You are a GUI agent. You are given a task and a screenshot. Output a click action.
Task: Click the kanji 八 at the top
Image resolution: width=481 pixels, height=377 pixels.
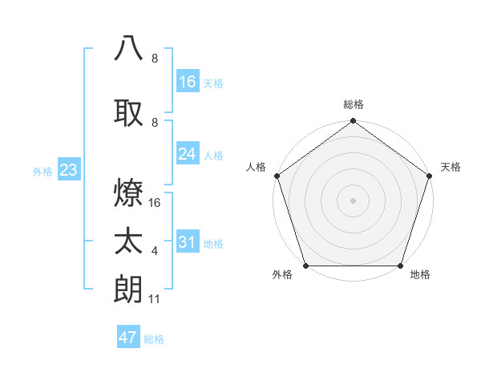tap(129, 47)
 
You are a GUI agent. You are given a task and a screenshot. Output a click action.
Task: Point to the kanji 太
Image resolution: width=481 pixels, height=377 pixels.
tap(129, 241)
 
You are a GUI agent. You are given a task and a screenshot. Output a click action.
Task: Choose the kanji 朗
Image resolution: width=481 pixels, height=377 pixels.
tap(129, 290)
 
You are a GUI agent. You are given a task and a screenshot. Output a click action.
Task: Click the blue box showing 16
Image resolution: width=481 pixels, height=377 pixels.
tap(188, 82)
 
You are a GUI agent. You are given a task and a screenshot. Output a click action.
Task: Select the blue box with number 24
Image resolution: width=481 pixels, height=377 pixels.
tap(188, 154)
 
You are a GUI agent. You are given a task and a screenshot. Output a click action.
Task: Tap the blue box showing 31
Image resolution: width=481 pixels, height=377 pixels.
tap(188, 242)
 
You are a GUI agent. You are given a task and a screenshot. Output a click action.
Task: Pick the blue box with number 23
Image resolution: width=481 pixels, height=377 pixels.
tap(68, 170)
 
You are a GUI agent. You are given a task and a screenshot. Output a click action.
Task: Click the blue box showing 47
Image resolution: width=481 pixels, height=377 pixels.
tap(128, 338)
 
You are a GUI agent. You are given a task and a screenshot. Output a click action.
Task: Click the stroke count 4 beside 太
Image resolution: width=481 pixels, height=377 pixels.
tap(155, 251)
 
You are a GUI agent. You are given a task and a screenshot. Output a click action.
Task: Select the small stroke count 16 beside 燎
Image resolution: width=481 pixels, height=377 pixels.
tap(156, 203)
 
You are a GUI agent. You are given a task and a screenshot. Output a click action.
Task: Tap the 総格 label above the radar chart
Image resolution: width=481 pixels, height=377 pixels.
tap(353, 104)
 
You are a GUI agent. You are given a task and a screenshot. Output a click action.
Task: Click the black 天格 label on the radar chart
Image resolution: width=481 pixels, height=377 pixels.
tap(451, 167)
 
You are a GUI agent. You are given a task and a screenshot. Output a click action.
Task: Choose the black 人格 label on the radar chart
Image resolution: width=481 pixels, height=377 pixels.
tap(256, 167)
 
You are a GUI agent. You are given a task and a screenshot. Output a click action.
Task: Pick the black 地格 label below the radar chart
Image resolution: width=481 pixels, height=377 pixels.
tap(420, 274)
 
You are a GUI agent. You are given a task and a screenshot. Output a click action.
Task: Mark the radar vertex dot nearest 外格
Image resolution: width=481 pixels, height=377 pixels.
tap(305, 266)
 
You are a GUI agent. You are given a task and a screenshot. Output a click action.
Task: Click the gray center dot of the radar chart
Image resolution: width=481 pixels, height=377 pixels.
tap(353, 200)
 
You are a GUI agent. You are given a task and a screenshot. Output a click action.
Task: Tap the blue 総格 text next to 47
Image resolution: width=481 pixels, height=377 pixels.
tap(154, 339)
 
